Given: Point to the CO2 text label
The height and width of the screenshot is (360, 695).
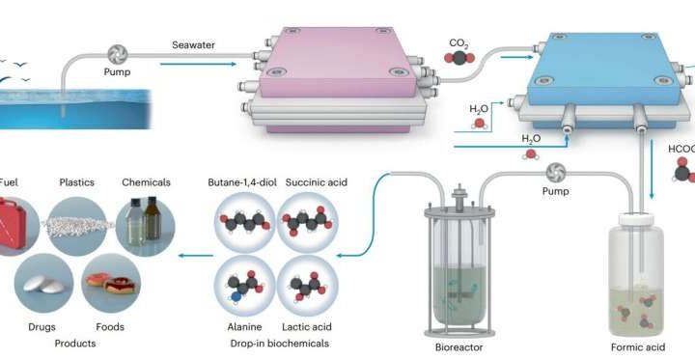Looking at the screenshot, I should click(459, 43).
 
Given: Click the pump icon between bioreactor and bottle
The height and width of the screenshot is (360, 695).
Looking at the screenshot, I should click(556, 174).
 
